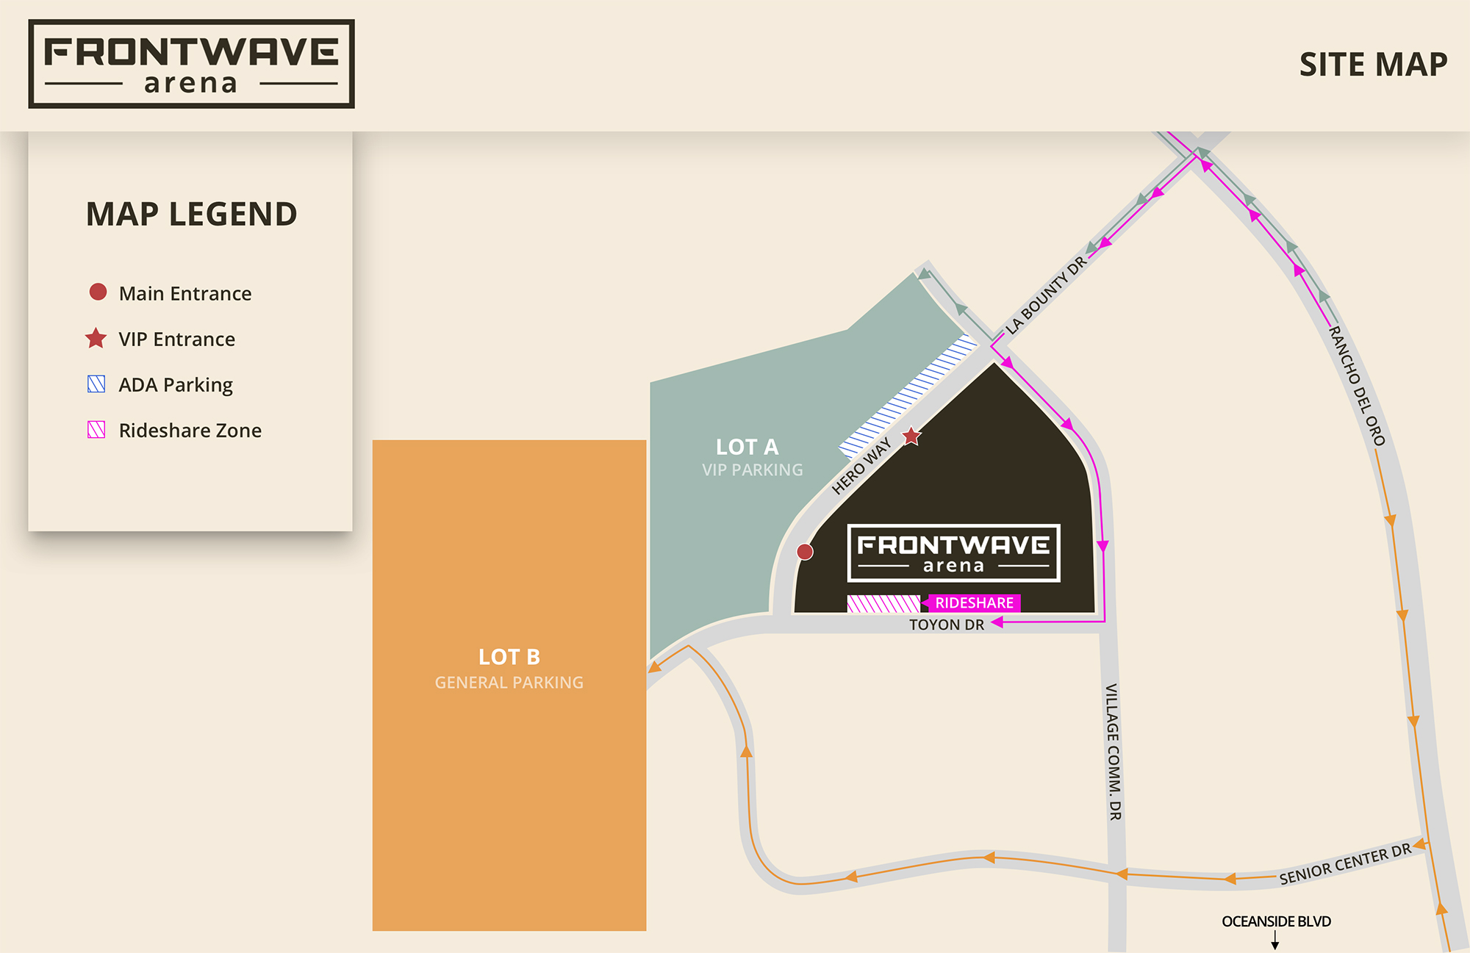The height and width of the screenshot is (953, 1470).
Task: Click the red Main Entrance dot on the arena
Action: click(x=805, y=552)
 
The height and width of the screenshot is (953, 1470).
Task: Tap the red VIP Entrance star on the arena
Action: click(x=911, y=436)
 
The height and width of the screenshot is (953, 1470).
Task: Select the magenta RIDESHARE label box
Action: click(x=974, y=603)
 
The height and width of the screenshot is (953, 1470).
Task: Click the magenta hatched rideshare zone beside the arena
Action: click(x=883, y=604)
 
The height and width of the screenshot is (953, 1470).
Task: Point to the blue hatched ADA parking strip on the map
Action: click(x=908, y=397)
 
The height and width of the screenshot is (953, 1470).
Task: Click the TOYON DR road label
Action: click(x=946, y=625)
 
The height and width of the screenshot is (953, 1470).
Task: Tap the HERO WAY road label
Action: click(x=861, y=466)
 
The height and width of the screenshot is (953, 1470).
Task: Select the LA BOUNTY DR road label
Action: click(x=1045, y=296)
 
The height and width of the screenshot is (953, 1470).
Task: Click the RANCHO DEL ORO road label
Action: click(x=1357, y=386)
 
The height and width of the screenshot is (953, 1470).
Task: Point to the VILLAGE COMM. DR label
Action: click(x=1114, y=751)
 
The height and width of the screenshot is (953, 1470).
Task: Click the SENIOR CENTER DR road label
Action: click(x=1345, y=864)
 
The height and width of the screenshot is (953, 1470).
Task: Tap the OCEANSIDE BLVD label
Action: click(x=1276, y=921)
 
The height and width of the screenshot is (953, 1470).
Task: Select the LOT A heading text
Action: click(x=747, y=447)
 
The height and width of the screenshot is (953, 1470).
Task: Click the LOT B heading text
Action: click(x=509, y=657)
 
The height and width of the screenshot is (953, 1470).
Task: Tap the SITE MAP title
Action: click(x=1373, y=65)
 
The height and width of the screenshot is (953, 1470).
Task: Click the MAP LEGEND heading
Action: click(x=191, y=215)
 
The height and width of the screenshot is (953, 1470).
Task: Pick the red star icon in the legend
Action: click(x=96, y=339)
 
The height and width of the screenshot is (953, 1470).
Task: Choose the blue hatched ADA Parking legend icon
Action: click(x=96, y=384)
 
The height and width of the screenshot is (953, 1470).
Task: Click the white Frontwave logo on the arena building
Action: click(x=953, y=553)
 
